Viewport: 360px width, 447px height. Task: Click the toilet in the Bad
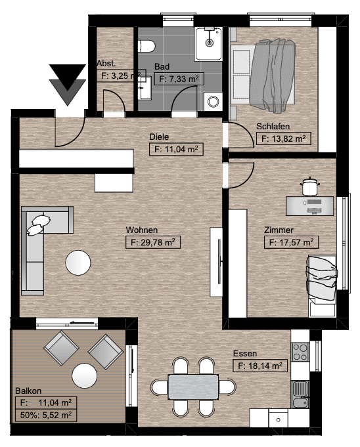[146, 46]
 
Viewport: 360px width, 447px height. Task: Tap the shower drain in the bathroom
[210, 43]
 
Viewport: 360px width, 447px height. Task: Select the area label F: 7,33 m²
[179, 79]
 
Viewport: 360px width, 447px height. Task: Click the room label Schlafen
[273, 126]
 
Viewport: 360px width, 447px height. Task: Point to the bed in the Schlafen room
[263, 74]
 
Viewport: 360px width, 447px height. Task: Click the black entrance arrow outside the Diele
[68, 85]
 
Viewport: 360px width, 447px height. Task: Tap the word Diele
[159, 137]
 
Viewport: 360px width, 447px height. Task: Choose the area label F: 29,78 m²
[153, 242]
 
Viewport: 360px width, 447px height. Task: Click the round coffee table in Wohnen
[78, 263]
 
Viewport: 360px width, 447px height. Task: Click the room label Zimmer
[279, 230]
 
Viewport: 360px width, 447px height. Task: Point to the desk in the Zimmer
[310, 206]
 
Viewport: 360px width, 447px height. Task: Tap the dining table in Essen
[193, 387]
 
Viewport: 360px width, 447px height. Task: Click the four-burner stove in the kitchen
[300, 352]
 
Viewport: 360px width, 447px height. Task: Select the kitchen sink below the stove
[300, 394]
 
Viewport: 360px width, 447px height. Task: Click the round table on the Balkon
[85, 375]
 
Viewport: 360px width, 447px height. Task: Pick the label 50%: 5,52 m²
[46, 415]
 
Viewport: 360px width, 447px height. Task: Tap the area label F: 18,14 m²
[260, 366]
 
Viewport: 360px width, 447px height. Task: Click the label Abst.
[106, 63]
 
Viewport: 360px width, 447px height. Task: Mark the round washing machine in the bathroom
[213, 101]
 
